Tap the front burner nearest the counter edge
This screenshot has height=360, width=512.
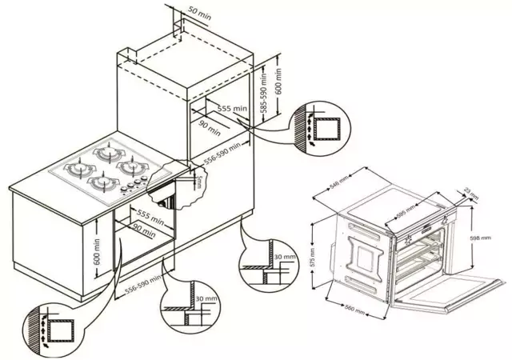[x=101, y=184]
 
